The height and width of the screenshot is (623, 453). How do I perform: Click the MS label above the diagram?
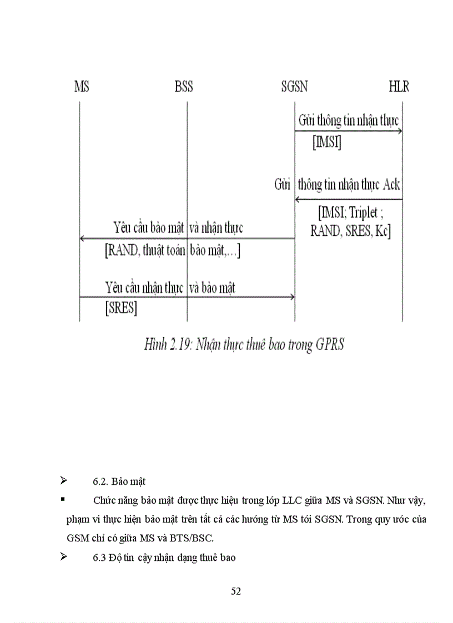pyautogui.click(x=81, y=87)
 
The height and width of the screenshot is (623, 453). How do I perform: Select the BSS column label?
pyautogui.click(x=184, y=87)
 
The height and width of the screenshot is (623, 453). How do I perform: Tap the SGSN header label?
pyautogui.click(x=294, y=87)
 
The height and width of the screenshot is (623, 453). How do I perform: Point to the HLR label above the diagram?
pyautogui.click(x=399, y=87)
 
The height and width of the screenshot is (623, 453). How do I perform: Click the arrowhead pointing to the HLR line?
pyautogui.click(x=400, y=131)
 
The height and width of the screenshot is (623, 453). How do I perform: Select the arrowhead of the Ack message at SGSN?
pyautogui.click(x=298, y=199)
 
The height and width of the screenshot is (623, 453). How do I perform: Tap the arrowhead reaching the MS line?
pyautogui.click(x=83, y=239)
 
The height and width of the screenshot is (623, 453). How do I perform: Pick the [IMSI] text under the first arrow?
pyautogui.click(x=327, y=143)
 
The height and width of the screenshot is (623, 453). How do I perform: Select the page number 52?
pyautogui.click(x=236, y=591)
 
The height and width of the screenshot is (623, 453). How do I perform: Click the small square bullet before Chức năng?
pyautogui.click(x=63, y=500)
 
